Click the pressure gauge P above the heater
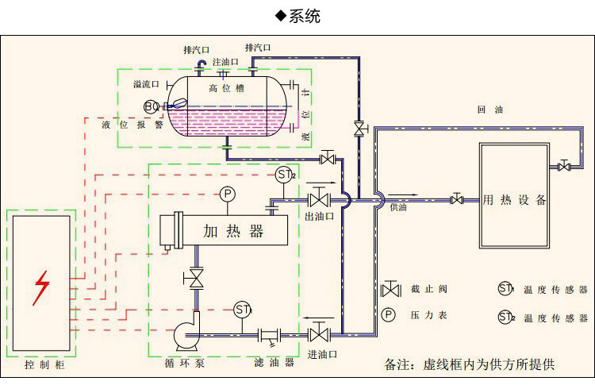pyautogui.click(x=228, y=194)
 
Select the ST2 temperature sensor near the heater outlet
pyautogui.click(x=286, y=175)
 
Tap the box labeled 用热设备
pyautogui.click(x=514, y=199)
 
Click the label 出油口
pyautogui.click(x=320, y=216)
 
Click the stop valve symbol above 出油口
pyautogui.click(x=320, y=197)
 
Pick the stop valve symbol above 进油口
pyautogui.click(x=320, y=332)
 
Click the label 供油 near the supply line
pyautogui.click(x=398, y=208)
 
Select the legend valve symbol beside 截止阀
pyautogui.click(x=390, y=290)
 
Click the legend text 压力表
pyautogui.click(x=428, y=316)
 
